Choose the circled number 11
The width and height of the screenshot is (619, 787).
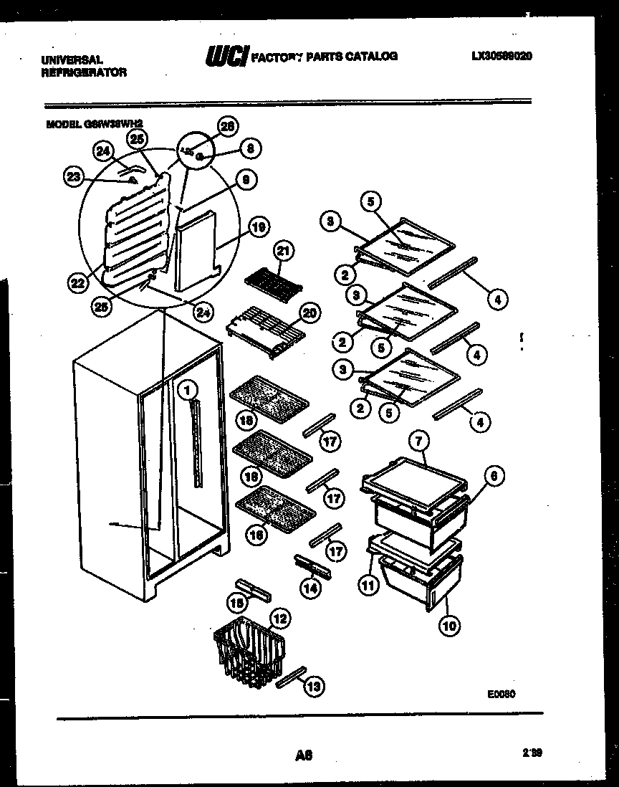tap(368, 585)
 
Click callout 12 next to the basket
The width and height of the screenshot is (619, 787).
tap(280, 616)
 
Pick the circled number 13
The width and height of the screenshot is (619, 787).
tap(312, 687)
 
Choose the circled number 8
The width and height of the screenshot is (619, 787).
tap(250, 148)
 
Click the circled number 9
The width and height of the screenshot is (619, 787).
tap(245, 181)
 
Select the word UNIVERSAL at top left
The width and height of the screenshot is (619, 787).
tap(72, 61)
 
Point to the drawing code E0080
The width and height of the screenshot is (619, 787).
tap(500, 693)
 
